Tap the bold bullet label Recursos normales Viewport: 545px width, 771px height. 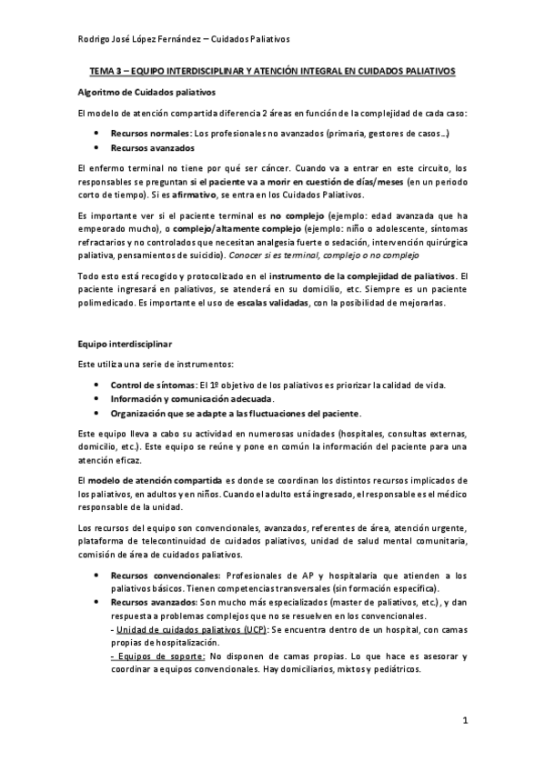[149, 133]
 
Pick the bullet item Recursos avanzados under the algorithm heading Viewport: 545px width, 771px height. [152, 147]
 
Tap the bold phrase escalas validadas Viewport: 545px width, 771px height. [275, 304]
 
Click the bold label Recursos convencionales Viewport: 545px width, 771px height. [165, 576]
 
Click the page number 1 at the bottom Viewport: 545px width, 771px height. [464, 723]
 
